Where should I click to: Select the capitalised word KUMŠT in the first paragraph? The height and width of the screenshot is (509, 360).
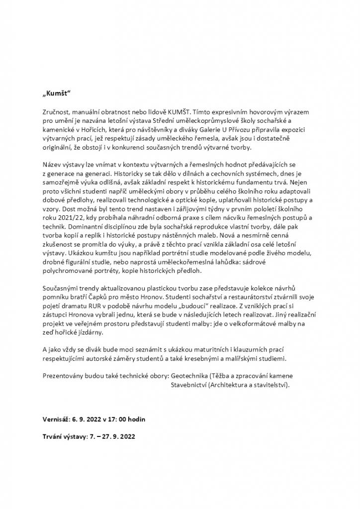point(188,114)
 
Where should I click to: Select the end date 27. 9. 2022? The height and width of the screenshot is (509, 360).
point(118,436)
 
